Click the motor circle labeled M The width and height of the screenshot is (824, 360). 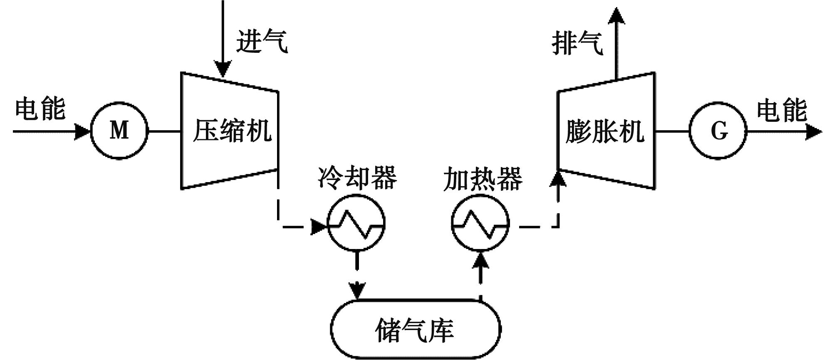[119, 131]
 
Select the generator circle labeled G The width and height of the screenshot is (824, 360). [718, 131]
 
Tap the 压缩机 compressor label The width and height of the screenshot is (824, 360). [232, 131]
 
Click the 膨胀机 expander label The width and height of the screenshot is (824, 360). [605, 131]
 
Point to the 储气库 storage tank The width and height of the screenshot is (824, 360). [416, 329]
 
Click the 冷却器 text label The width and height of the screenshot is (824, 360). [357, 178]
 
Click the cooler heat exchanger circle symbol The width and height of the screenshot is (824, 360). [356, 224]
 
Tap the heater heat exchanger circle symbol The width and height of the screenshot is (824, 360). [480, 224]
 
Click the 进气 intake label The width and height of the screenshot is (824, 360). [262, 41]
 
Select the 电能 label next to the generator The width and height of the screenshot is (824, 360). [782, 110]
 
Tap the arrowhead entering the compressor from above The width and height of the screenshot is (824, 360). [223, 69]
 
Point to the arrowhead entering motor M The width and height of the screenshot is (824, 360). [83, 132]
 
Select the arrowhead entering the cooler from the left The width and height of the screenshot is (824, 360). [319, 227]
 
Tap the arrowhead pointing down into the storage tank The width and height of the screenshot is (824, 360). [357, 290]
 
